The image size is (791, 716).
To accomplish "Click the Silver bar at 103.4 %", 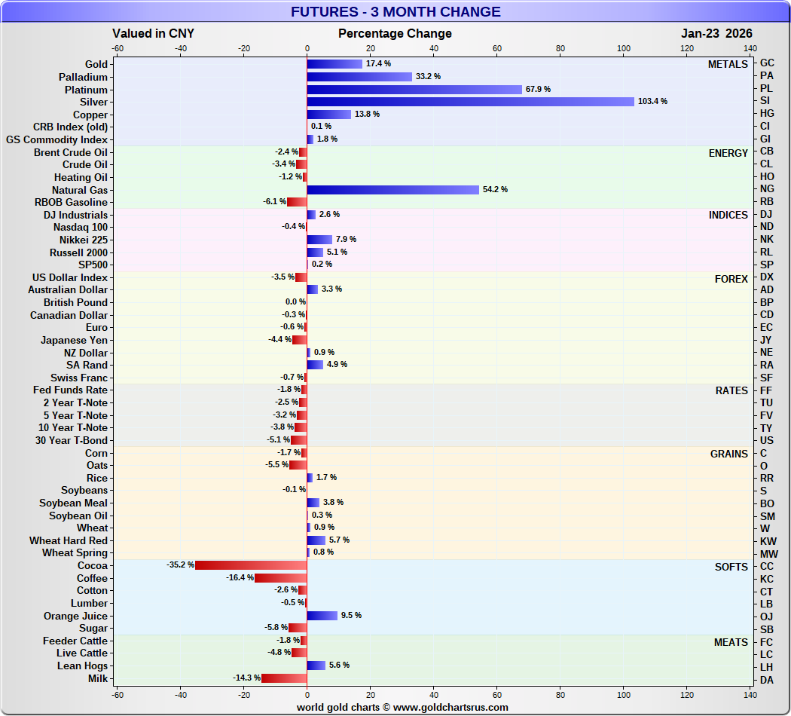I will (x=470, y=102).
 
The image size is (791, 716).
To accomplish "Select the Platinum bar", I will (x=414, y=89).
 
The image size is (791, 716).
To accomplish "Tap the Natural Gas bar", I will (x=392, y=189).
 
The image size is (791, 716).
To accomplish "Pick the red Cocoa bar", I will (x=251, y=565).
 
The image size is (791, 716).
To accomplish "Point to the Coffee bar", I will (x=280, y=578).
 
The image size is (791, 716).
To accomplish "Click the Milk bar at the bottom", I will (x=284, y=678).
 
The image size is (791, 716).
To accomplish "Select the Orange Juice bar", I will (x=322, y=616).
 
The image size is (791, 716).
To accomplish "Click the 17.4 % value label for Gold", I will (x=377, y=64).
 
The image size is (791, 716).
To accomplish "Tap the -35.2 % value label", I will (x=180, y=565).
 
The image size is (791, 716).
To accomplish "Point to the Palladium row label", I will (x=83, y=77).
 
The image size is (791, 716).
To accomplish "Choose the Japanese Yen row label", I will (x=74, y=340).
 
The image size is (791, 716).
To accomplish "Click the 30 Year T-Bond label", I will (x=72, y=440).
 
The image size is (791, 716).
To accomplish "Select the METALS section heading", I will (x=728, y=65).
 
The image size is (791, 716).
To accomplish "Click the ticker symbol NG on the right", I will (x=767, y=189).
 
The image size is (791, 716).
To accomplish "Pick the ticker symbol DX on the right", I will (x=767, y=277).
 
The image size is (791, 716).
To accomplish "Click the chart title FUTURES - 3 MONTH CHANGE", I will (x=395, y=11).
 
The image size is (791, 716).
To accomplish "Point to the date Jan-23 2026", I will (x=716, y=33).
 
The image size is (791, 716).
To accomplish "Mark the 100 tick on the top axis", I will (x=624, y=48).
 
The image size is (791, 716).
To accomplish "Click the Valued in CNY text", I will (x=153, y=33).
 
